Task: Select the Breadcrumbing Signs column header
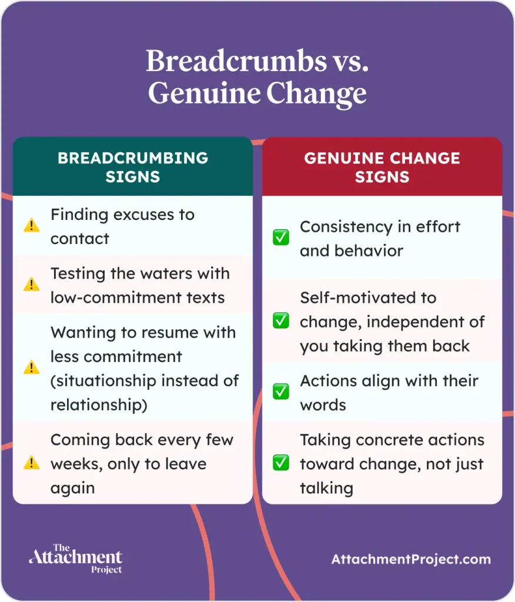133,167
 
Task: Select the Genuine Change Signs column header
382,167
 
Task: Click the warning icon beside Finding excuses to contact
31,226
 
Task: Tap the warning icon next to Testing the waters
31,285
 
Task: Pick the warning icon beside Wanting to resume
31,368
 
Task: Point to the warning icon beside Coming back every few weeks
31,463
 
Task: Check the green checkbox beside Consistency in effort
280,238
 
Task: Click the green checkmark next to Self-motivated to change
280,321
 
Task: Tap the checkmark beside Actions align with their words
280,392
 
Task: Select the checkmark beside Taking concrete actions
280,463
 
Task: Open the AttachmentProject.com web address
411,559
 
